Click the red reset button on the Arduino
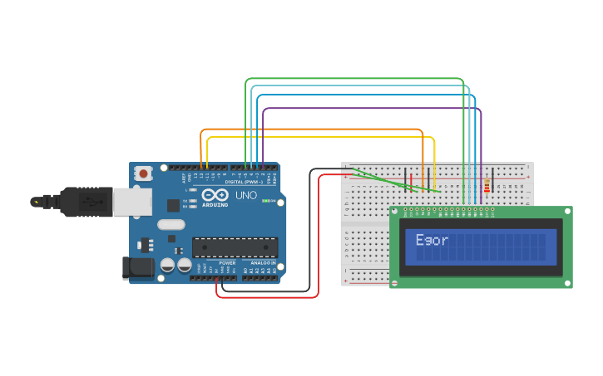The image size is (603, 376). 144,173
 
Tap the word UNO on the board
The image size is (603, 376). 246,196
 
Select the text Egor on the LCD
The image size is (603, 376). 432,241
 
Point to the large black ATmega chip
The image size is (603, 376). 235,247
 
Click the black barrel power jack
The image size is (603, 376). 136,267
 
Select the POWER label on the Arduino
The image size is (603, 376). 227,262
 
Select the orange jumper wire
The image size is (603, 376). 316,129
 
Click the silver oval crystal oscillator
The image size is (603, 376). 171,224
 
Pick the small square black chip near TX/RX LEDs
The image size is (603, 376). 173,205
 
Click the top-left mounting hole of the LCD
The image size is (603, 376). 395,212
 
